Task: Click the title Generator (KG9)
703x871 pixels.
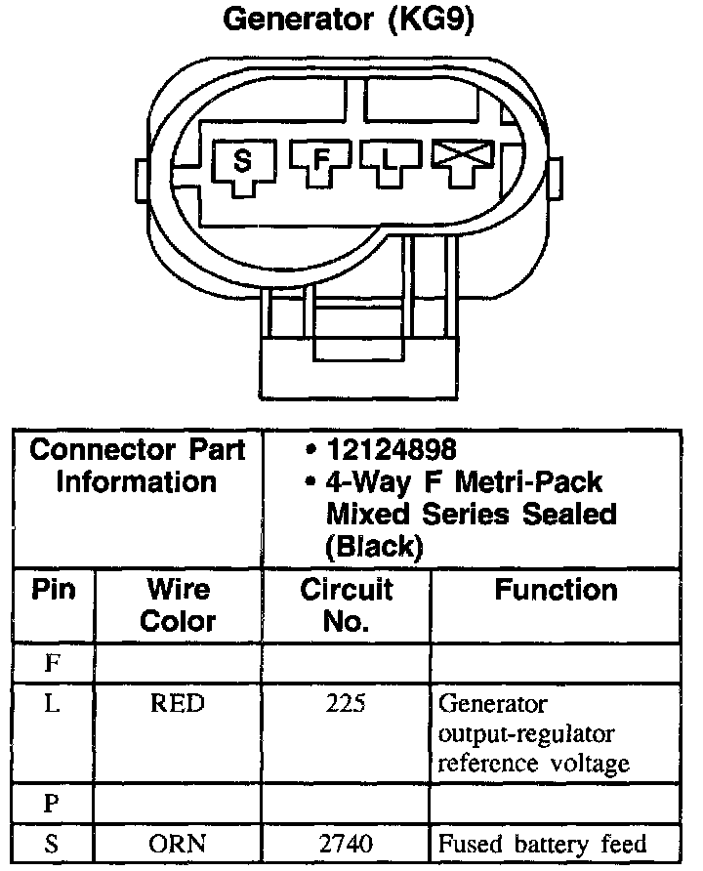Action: coord(349,21)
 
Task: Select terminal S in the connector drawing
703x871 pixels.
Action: coord(242,160)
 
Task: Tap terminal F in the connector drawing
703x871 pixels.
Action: coord(318,160)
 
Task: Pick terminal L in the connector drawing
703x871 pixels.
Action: coord(390,159)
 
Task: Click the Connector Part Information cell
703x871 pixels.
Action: coord(138,466)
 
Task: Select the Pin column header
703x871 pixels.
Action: coord(55,590)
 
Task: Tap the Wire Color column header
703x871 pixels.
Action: coord(178,604)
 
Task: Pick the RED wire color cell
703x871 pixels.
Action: coord(178,704)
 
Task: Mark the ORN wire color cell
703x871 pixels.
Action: coord(178,843)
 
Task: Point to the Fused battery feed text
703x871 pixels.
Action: coord(542,843)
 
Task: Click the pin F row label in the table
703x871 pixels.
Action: coord(55,664)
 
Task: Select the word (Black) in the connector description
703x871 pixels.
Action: coord(375,547)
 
